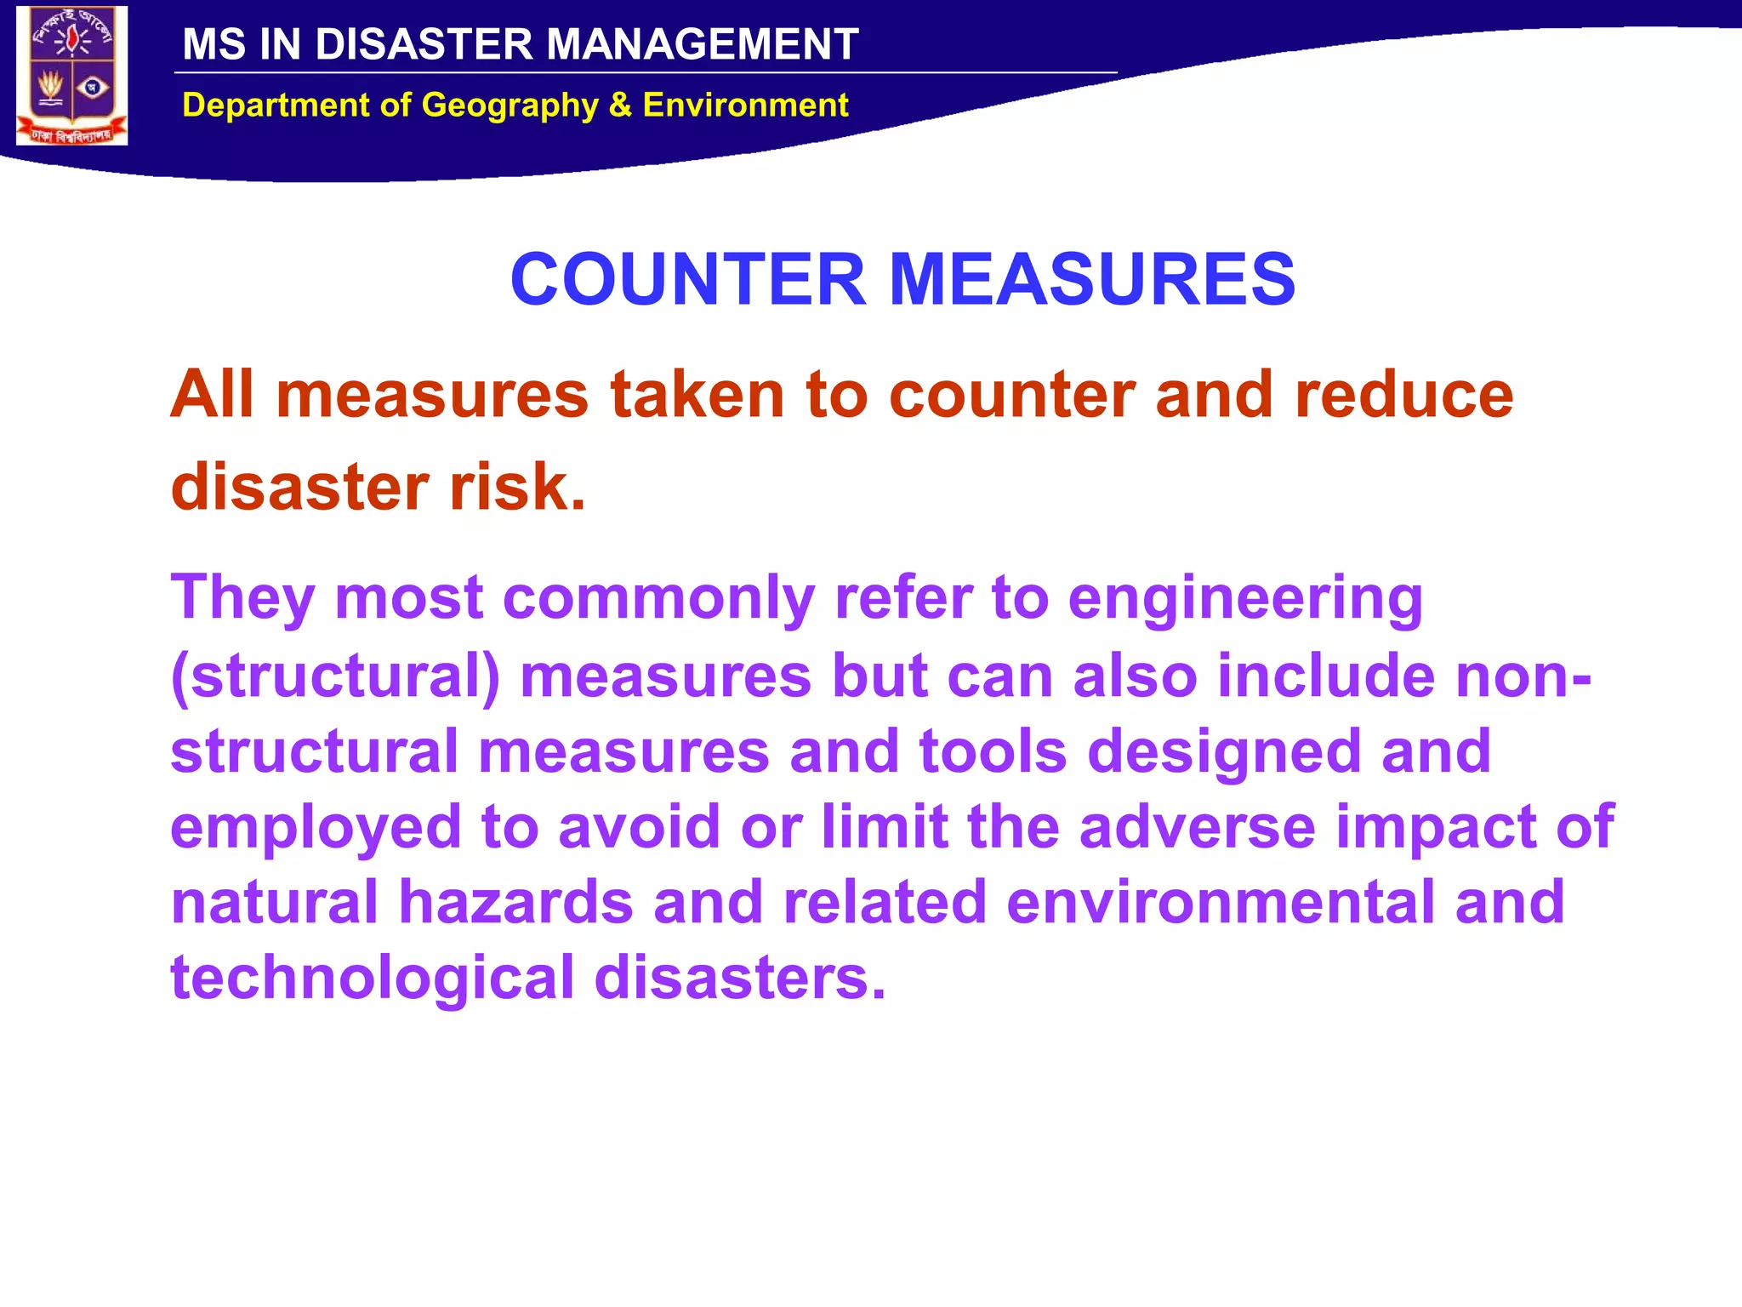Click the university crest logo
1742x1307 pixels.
pos(72,76)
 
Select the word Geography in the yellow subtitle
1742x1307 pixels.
pos(510,106)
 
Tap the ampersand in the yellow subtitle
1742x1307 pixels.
pos(620,105)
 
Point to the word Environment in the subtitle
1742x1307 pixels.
pos(745,105)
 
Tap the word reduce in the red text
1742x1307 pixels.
pos(1403,395)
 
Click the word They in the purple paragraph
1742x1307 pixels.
pos(243,597)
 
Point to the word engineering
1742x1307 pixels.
pos(1245,599)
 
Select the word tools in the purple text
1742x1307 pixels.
pos(993,751)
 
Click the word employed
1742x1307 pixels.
pos(316,828)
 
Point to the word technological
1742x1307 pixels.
pos(373,979)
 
